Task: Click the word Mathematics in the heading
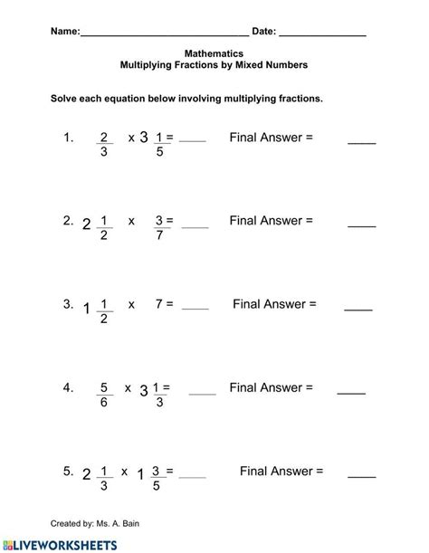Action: point(214,53)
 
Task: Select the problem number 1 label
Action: point(66,138)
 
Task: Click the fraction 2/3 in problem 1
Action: point(104,145)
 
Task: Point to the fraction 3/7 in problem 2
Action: point(159,228)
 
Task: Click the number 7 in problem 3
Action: point(158,304)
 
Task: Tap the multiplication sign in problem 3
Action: point(131,305)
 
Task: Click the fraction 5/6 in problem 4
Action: point(104,396)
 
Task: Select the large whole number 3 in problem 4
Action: point(143,391)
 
